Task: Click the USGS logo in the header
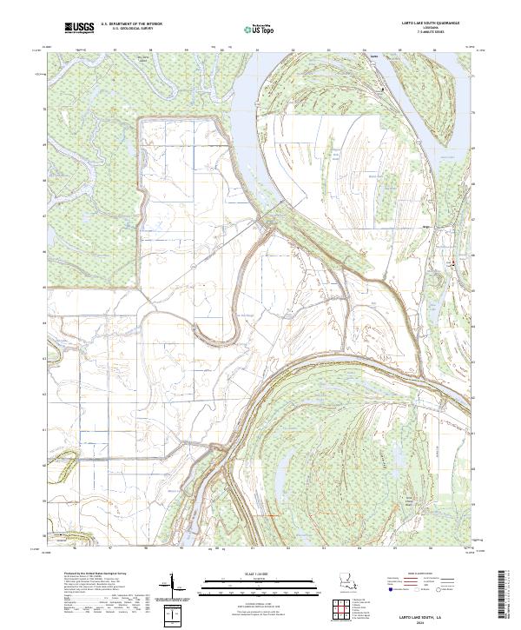click(80, 29)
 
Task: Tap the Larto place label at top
click(374, 58)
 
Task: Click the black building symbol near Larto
click(385, 90)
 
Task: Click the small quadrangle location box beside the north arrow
click(176, 615)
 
